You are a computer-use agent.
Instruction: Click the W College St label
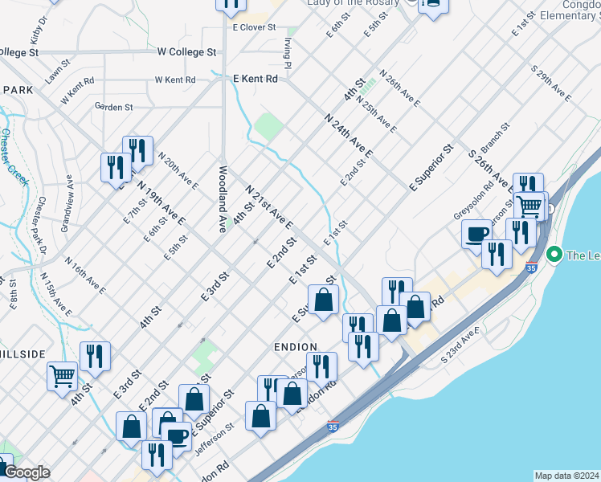(x=186, y=51)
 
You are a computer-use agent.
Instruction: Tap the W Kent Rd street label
(x=175, y=80)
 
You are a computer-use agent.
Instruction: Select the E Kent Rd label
(x=256, y=79)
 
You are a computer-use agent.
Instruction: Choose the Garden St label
(x=113, y=106)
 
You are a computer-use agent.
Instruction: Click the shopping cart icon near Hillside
(x=62, y=375)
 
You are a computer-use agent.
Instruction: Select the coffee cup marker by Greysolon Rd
(x=476, y=233)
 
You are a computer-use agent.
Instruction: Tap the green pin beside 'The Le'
(x=554, y=255)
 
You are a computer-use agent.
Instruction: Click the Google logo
(x=27, y=473)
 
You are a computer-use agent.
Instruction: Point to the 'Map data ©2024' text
(x=566, y=476)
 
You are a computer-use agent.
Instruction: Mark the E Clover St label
(x=253, y=27)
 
